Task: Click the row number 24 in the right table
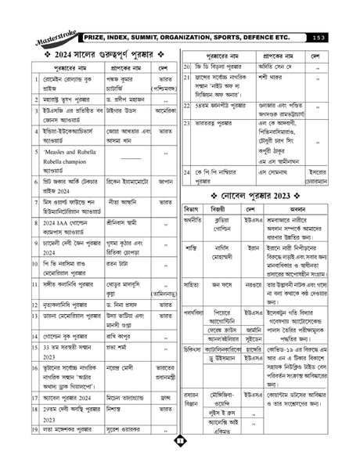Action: pyautogui.click(x=187, y=170)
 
